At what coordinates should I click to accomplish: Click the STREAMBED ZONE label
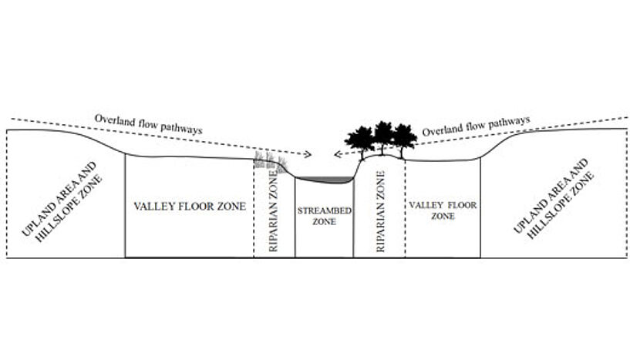(x=324, y=216)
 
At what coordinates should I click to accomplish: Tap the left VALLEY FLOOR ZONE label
(x=190, y=207)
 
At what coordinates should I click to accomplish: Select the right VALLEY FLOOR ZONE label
(x=443, y=210)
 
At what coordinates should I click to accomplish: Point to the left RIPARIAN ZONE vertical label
(x=273, y=211)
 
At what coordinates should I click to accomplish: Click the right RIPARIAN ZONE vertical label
(x=380, y=211)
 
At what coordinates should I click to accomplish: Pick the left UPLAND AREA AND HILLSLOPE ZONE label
(x=62, y=202)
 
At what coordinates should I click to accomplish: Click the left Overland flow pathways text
(x=148, y=124)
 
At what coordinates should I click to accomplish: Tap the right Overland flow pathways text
(x=476, y=126)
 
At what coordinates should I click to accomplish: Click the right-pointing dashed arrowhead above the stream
(x=308, y=154)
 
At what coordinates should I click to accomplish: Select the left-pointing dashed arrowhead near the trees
(x=338, y=154)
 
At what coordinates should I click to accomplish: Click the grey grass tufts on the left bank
(x=271, y=163)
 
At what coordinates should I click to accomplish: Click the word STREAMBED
(x=324, y=210)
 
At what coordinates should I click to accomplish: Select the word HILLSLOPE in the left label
(x=69, y=209)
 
